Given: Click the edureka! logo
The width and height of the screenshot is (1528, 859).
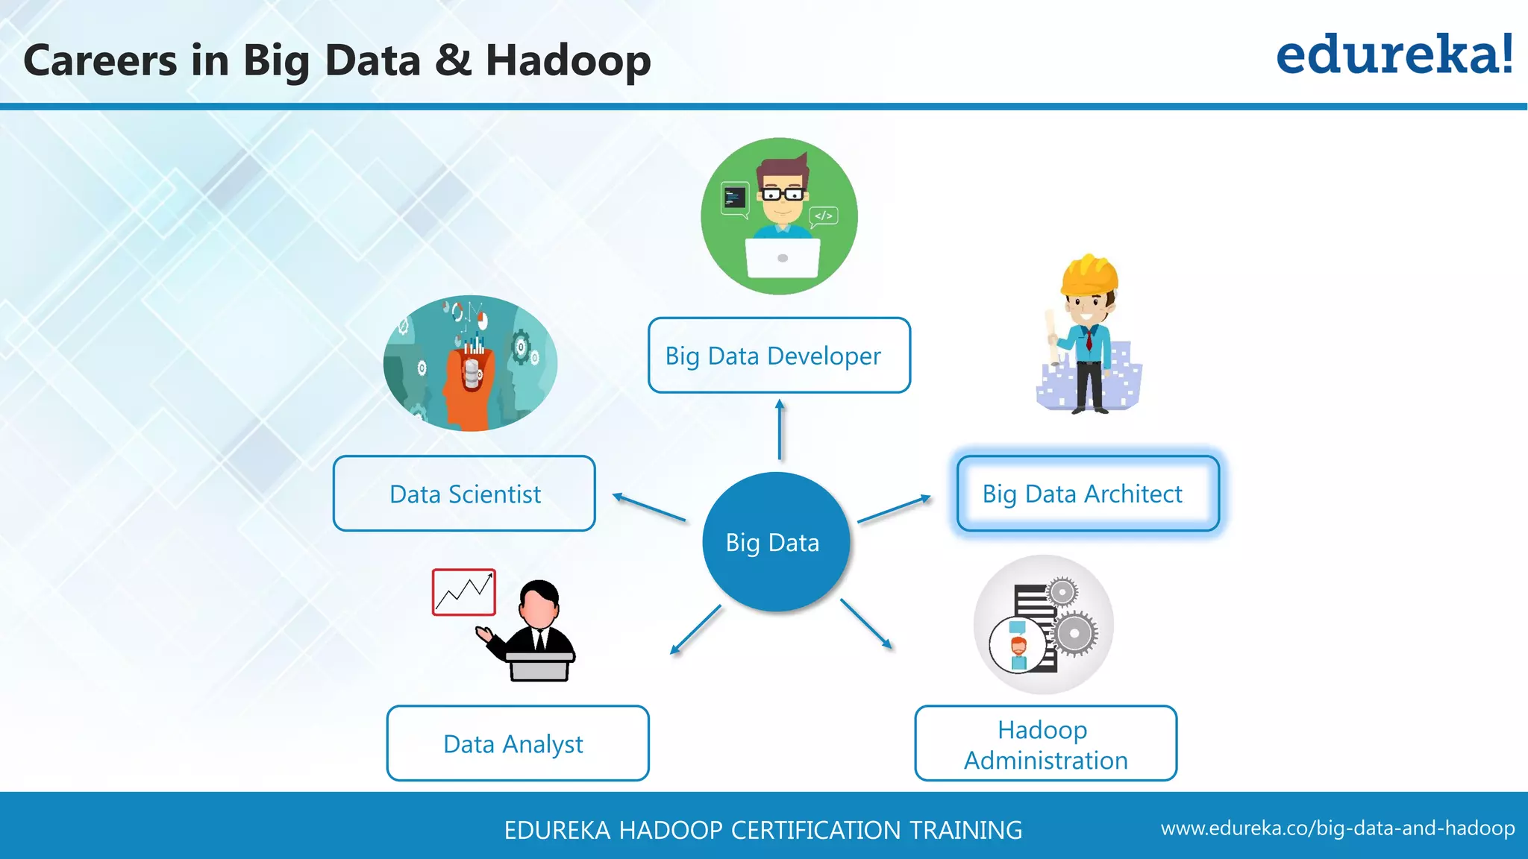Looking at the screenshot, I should click(1394, 55).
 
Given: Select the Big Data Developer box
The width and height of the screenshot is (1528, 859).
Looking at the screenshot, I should click(779, 356).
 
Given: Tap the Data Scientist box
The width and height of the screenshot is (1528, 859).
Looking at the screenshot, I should click(464, 494).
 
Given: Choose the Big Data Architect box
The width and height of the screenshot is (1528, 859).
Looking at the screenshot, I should click(1087, 494).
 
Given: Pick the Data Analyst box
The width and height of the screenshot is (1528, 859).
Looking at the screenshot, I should click(517, 743).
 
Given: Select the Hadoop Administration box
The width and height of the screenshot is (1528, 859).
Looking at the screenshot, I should click(1045, 743).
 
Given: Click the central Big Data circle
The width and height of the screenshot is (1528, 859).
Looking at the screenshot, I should click(775, 542).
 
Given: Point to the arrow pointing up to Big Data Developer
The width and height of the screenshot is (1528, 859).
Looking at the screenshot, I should click(780, 429).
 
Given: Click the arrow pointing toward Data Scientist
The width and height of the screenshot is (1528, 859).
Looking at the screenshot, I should click(648, 507).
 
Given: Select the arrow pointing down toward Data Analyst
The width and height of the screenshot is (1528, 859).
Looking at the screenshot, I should click(695, 630).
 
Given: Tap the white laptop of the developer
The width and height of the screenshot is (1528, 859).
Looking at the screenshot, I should click(782, 257).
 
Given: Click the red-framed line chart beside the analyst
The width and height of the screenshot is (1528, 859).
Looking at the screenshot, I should click(463, 592).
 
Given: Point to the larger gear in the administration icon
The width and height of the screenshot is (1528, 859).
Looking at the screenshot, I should click(1074, 634).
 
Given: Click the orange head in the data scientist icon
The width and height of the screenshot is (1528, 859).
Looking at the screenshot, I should click(466, 388).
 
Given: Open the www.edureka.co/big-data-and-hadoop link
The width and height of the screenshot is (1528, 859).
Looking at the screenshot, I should click(1337, 828).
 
